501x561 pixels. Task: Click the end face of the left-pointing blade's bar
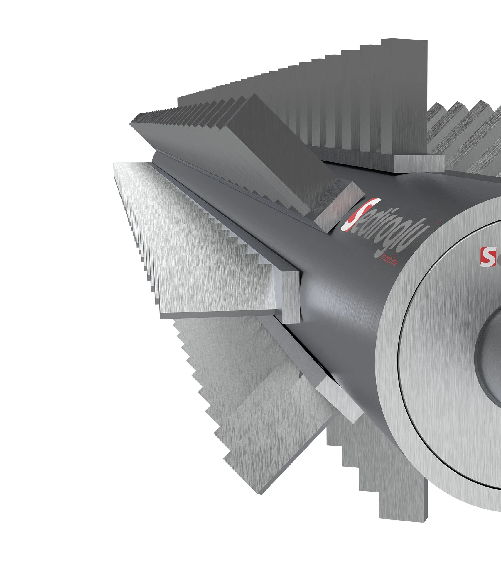pos(291,297)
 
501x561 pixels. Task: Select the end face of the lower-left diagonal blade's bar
pos(339,398)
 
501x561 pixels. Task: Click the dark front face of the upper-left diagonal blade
pos(273,147)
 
